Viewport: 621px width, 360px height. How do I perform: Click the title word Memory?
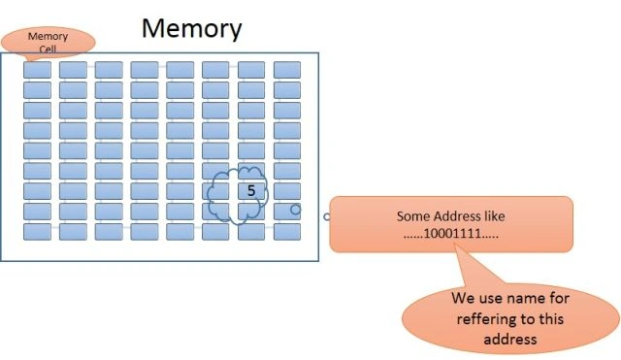click(x=192, y=28)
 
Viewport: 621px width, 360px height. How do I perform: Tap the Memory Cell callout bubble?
click(x=48, y=43)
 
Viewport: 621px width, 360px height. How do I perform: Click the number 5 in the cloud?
click(x=251, y=190)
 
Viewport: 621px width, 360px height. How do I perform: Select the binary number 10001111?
click(x=451, y=233)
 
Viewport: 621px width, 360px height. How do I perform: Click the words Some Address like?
click(x=450, y=216)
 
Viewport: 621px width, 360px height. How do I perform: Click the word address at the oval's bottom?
click(x=510, y=340)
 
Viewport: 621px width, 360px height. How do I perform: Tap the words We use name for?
click(x=510, y=298)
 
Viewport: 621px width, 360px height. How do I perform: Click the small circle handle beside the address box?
click(x=326, y=216)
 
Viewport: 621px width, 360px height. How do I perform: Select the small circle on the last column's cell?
click(x=295, y=210)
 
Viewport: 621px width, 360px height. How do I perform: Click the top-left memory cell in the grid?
click(x=37, y=70)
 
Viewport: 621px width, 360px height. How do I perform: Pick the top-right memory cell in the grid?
click(x=287, y=70)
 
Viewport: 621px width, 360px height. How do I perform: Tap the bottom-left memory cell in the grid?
click(x=37, y=232)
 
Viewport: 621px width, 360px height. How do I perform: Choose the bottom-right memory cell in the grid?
click(x=287, y=232)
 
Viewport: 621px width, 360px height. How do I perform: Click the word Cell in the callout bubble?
click(x=48, y=49)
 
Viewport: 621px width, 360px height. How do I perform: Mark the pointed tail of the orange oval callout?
click(x=455, y=245)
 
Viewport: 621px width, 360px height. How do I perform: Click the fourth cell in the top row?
click(x=145, y=70)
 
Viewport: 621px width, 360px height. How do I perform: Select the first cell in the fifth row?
click(x=37, y=150)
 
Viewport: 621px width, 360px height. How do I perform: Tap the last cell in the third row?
click(x=287, y=110)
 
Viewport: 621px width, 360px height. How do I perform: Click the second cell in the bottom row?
click(x=74, y=232)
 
